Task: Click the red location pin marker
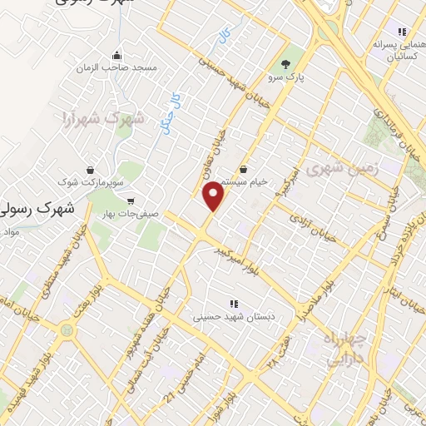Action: click(x=215, y=196)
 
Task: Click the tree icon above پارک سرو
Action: click(x=285, y=63)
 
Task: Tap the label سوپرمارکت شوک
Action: click(x=91, y=180)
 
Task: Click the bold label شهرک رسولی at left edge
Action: click(x=37, y=208)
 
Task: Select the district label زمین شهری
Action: click(x=340, y=169)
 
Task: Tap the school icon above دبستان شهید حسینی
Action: click(x=233, y=303)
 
